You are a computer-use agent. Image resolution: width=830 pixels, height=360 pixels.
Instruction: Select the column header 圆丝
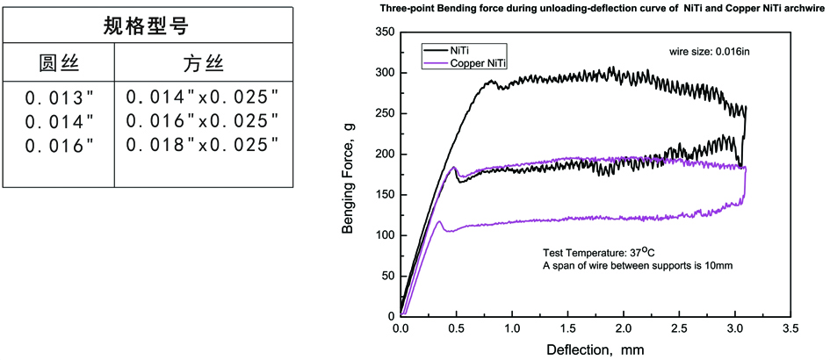tap(59, 64)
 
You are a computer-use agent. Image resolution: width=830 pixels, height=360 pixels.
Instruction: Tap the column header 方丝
tap(202, 64)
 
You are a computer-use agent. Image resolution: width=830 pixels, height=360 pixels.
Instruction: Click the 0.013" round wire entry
tap(59, 96)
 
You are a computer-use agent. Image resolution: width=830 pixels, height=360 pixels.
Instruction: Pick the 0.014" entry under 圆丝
tap(59, 120)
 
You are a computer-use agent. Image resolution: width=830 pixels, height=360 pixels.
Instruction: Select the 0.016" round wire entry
tap(59, 145)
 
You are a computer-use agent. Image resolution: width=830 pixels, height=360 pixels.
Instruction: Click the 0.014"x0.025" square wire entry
tap(203, 96)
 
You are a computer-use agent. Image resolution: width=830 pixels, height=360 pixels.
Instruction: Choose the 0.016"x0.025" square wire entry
tap(203, 120)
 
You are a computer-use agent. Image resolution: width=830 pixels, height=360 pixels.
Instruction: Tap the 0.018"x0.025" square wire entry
tap(203, 145)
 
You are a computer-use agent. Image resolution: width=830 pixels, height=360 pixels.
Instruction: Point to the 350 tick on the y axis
tap(384, 32)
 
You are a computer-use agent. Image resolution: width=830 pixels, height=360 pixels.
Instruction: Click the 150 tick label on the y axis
tap(384, 195)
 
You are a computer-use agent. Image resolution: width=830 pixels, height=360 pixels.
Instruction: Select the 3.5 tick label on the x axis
tap(790, 330)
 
